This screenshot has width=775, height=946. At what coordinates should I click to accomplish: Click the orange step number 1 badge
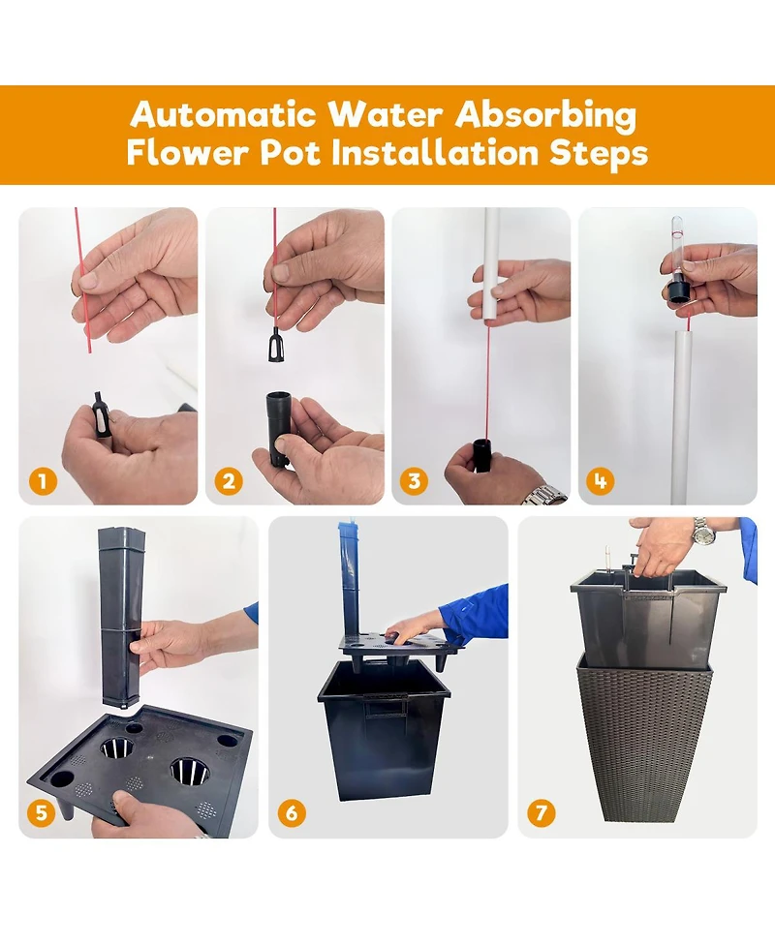pos(43,481)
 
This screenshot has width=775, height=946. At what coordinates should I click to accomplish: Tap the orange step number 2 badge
pos(229,481)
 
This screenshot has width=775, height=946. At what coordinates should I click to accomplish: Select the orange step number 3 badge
pos(414,481)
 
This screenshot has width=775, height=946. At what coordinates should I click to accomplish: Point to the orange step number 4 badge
pos(600,481)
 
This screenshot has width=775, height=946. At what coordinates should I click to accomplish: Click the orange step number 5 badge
pos(42,812)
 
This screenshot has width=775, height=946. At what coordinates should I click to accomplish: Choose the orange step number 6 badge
pos(292,812)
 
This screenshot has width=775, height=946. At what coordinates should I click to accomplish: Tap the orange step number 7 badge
pos(541,812)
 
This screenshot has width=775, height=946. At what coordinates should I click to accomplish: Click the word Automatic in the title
pos(224,114)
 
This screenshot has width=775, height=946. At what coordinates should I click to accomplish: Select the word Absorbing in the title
pos(545,115)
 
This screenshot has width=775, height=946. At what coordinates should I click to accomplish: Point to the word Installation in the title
pos(435,152)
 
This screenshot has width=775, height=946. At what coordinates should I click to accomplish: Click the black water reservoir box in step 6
pos(385,730)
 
